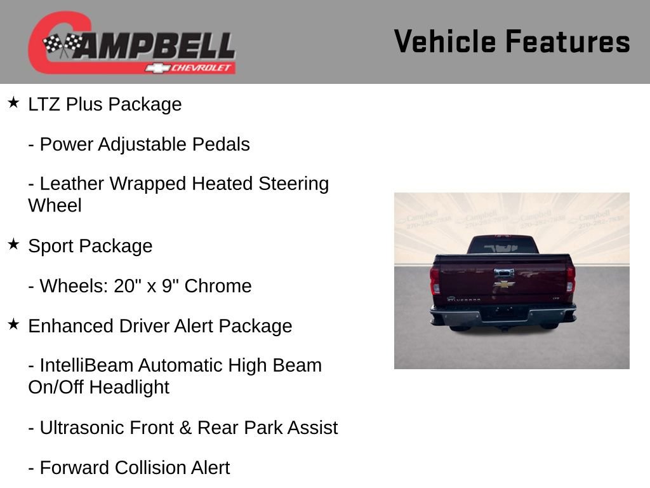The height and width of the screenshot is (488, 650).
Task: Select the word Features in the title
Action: click(x=567, y=41)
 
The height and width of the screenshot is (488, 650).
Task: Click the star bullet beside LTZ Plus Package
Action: click(x=14, y=102)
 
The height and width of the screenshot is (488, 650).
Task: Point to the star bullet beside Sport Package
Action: click(x=14, y=244)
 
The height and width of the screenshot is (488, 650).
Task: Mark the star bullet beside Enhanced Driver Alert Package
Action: click(x=14, y=324)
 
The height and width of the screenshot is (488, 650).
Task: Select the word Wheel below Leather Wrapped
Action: click(x=55, y=205)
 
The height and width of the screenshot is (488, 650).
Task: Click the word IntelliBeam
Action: click(x=86, y=365)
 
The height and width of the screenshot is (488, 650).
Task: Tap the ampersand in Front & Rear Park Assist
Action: click(x=186, y=428)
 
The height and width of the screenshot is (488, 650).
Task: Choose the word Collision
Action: click(x=150, y=468)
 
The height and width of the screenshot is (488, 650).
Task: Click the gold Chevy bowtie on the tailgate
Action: click(x=504, y=284)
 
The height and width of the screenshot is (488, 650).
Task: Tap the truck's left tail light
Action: click(x=435, y=279)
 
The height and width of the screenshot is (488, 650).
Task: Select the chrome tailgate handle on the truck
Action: click(x=504, y=273)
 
